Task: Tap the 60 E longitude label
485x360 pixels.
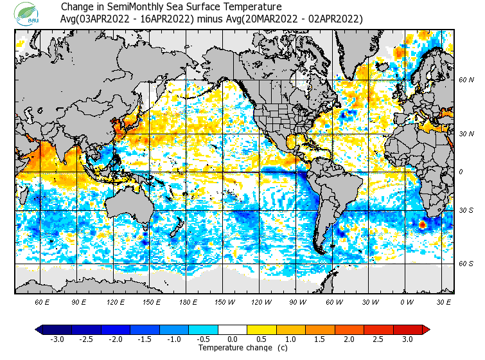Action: coord(42,301)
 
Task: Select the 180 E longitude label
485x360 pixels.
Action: coord(188,301)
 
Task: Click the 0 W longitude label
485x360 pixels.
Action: coord(407,301)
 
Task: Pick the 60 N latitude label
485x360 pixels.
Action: coord(466,80)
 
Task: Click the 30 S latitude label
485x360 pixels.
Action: coord(466,210)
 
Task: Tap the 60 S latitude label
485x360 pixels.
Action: coord(466,263)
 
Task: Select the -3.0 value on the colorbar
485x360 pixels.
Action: coord(57,339)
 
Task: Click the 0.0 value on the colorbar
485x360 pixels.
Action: coord(233,339)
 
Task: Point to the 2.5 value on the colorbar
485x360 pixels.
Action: coord(378,339)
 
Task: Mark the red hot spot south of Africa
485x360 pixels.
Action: coord(422,225)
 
